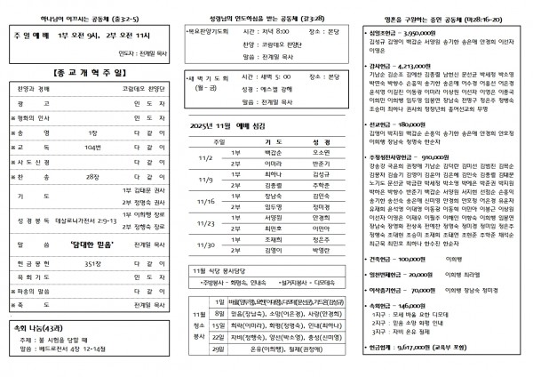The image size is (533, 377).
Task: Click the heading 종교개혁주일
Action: (x=88, y=71)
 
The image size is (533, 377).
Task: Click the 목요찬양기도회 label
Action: (x=210, y=29)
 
